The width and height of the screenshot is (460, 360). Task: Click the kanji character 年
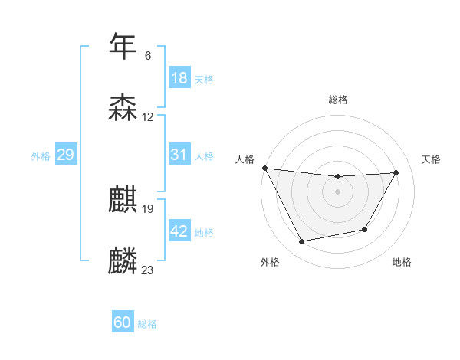(123, 46)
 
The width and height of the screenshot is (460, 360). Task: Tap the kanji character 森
(123, 108)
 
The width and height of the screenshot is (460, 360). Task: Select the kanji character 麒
(123, 200)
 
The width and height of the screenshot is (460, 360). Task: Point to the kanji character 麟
(123, 261)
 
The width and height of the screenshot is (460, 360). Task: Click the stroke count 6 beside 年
(148, 55)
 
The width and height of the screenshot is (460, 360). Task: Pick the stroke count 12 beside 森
(148, 117)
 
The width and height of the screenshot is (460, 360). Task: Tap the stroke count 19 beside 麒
(148, 208)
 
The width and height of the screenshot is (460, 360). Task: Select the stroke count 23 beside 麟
(148, 270)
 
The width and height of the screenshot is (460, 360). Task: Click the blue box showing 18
(179, 78)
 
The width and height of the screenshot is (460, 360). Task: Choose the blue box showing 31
(179, 155)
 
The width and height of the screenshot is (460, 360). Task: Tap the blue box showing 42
(179, 231)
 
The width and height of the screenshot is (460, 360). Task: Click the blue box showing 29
(65, 155)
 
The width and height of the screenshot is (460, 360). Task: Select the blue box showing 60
(123, 323)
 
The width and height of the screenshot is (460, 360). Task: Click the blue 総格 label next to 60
(147, 324)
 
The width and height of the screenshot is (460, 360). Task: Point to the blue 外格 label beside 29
(41, 155)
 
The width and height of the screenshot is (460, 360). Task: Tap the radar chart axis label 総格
(337, 100)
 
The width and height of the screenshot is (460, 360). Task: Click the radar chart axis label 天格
(432, 159)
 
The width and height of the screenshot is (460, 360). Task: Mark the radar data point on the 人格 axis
(264, 168)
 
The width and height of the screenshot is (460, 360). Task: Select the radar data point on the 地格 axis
(365, 229)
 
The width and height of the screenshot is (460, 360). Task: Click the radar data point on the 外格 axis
(301, 242)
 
